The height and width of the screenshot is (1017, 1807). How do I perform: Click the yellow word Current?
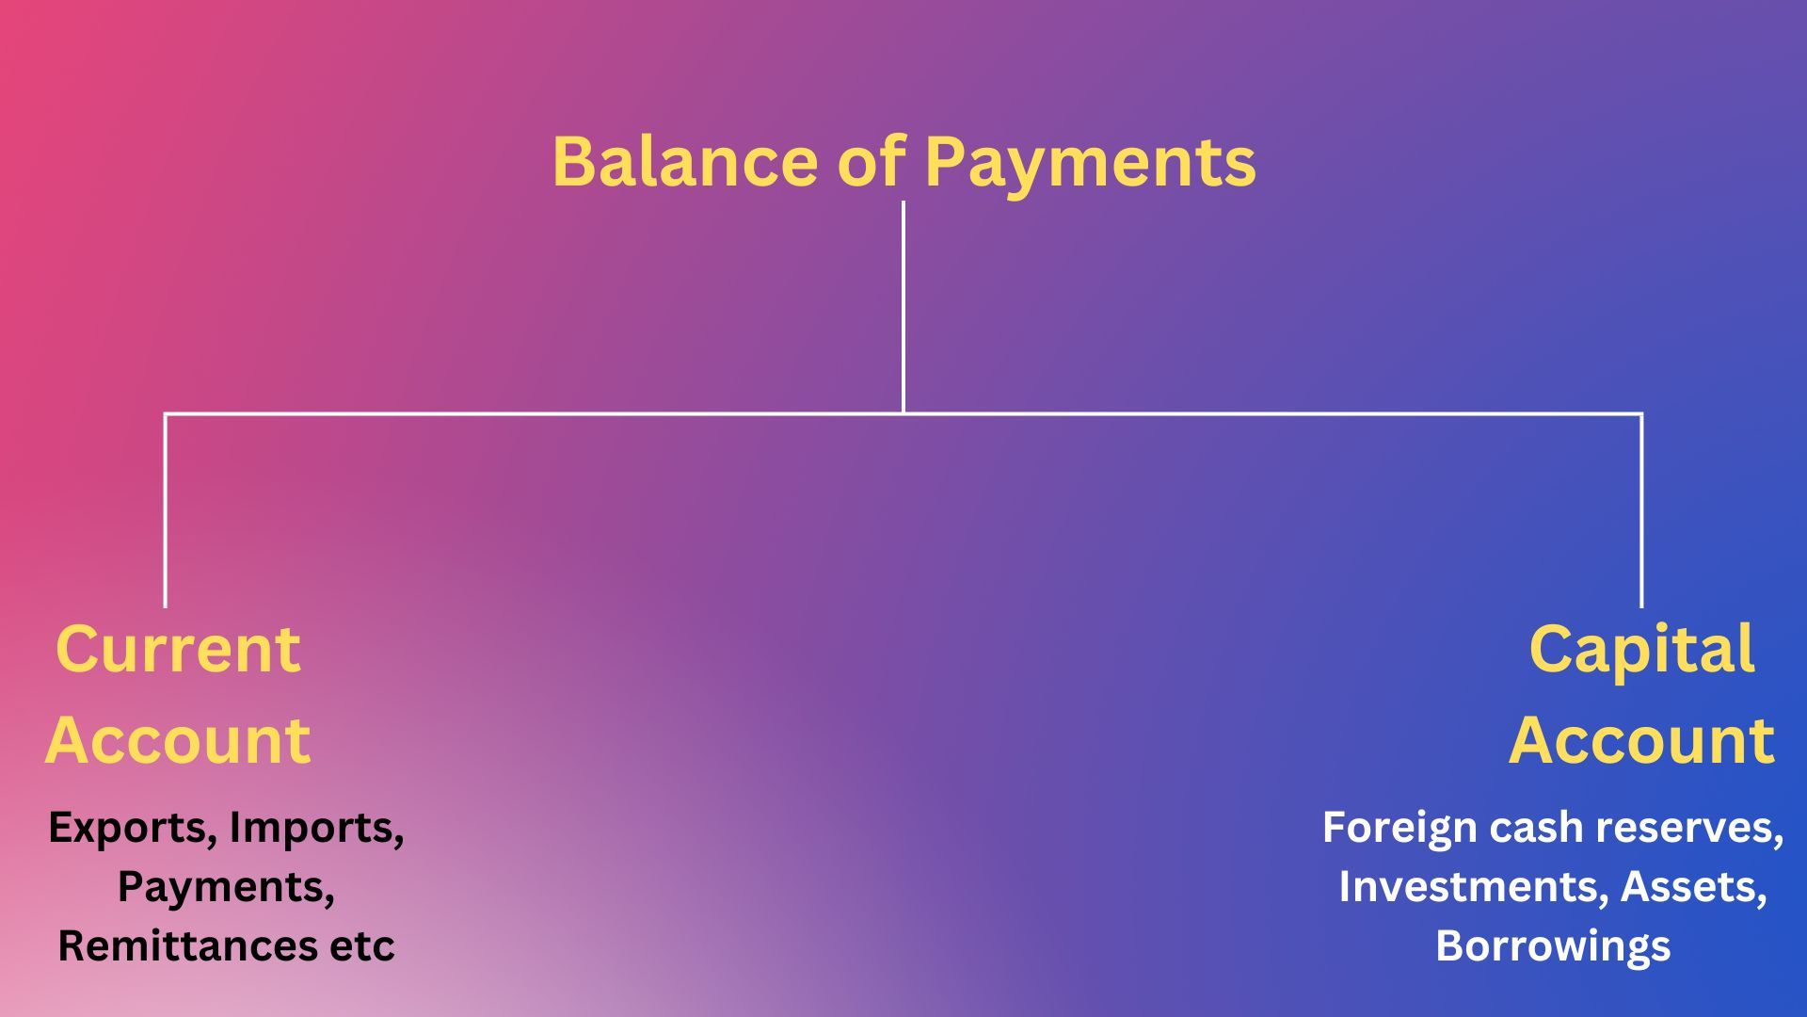(178, 649)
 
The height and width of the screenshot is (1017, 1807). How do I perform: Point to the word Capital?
(1642, 651)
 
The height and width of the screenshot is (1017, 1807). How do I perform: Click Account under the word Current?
(178, 740)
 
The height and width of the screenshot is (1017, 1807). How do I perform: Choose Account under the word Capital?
(1642, 740)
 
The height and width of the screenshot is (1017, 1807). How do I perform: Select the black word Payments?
(226, 888)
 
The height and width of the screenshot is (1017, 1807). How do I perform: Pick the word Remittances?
(187, 945)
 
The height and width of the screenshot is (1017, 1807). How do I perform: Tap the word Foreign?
(1399, 829)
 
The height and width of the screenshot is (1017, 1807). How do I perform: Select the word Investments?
(1473, 887)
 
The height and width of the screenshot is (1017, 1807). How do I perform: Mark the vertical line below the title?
(903, 307)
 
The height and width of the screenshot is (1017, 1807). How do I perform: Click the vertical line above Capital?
(1641, 510)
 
